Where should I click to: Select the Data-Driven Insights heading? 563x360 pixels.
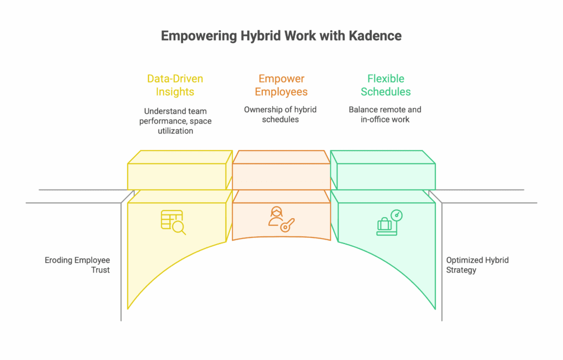click(x=175, y=85)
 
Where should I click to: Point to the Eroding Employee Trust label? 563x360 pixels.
click(x=78, y=265)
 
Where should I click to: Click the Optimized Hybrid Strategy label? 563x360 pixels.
click(x=477, y=265)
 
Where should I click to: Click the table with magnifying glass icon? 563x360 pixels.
click(x=173, y=221)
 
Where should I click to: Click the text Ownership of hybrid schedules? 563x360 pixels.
click(x=280, y=114)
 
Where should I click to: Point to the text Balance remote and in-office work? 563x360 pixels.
click(x=385, y=114)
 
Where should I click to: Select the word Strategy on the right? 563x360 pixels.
click(x=461, y=270)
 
